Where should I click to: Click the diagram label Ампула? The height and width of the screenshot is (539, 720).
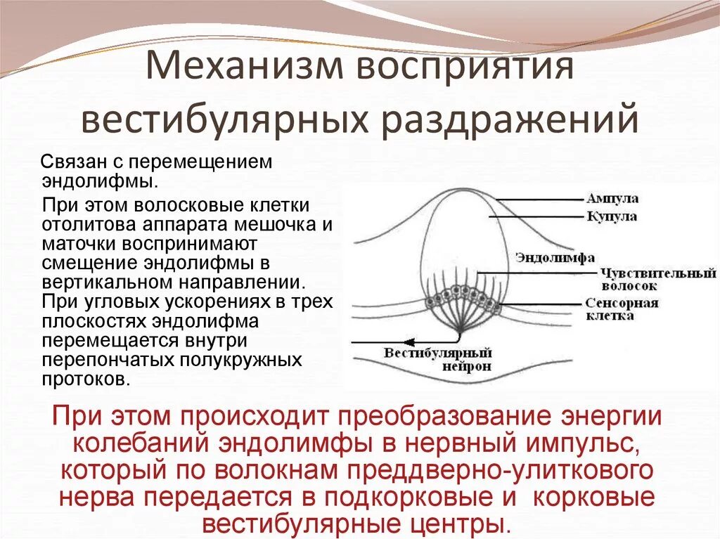coord(612,199)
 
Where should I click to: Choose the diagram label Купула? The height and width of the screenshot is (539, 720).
coord(612,216)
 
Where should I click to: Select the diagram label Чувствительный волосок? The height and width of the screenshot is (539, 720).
coord(658,279)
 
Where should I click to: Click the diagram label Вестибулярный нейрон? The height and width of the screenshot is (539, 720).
coord(437,359)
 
